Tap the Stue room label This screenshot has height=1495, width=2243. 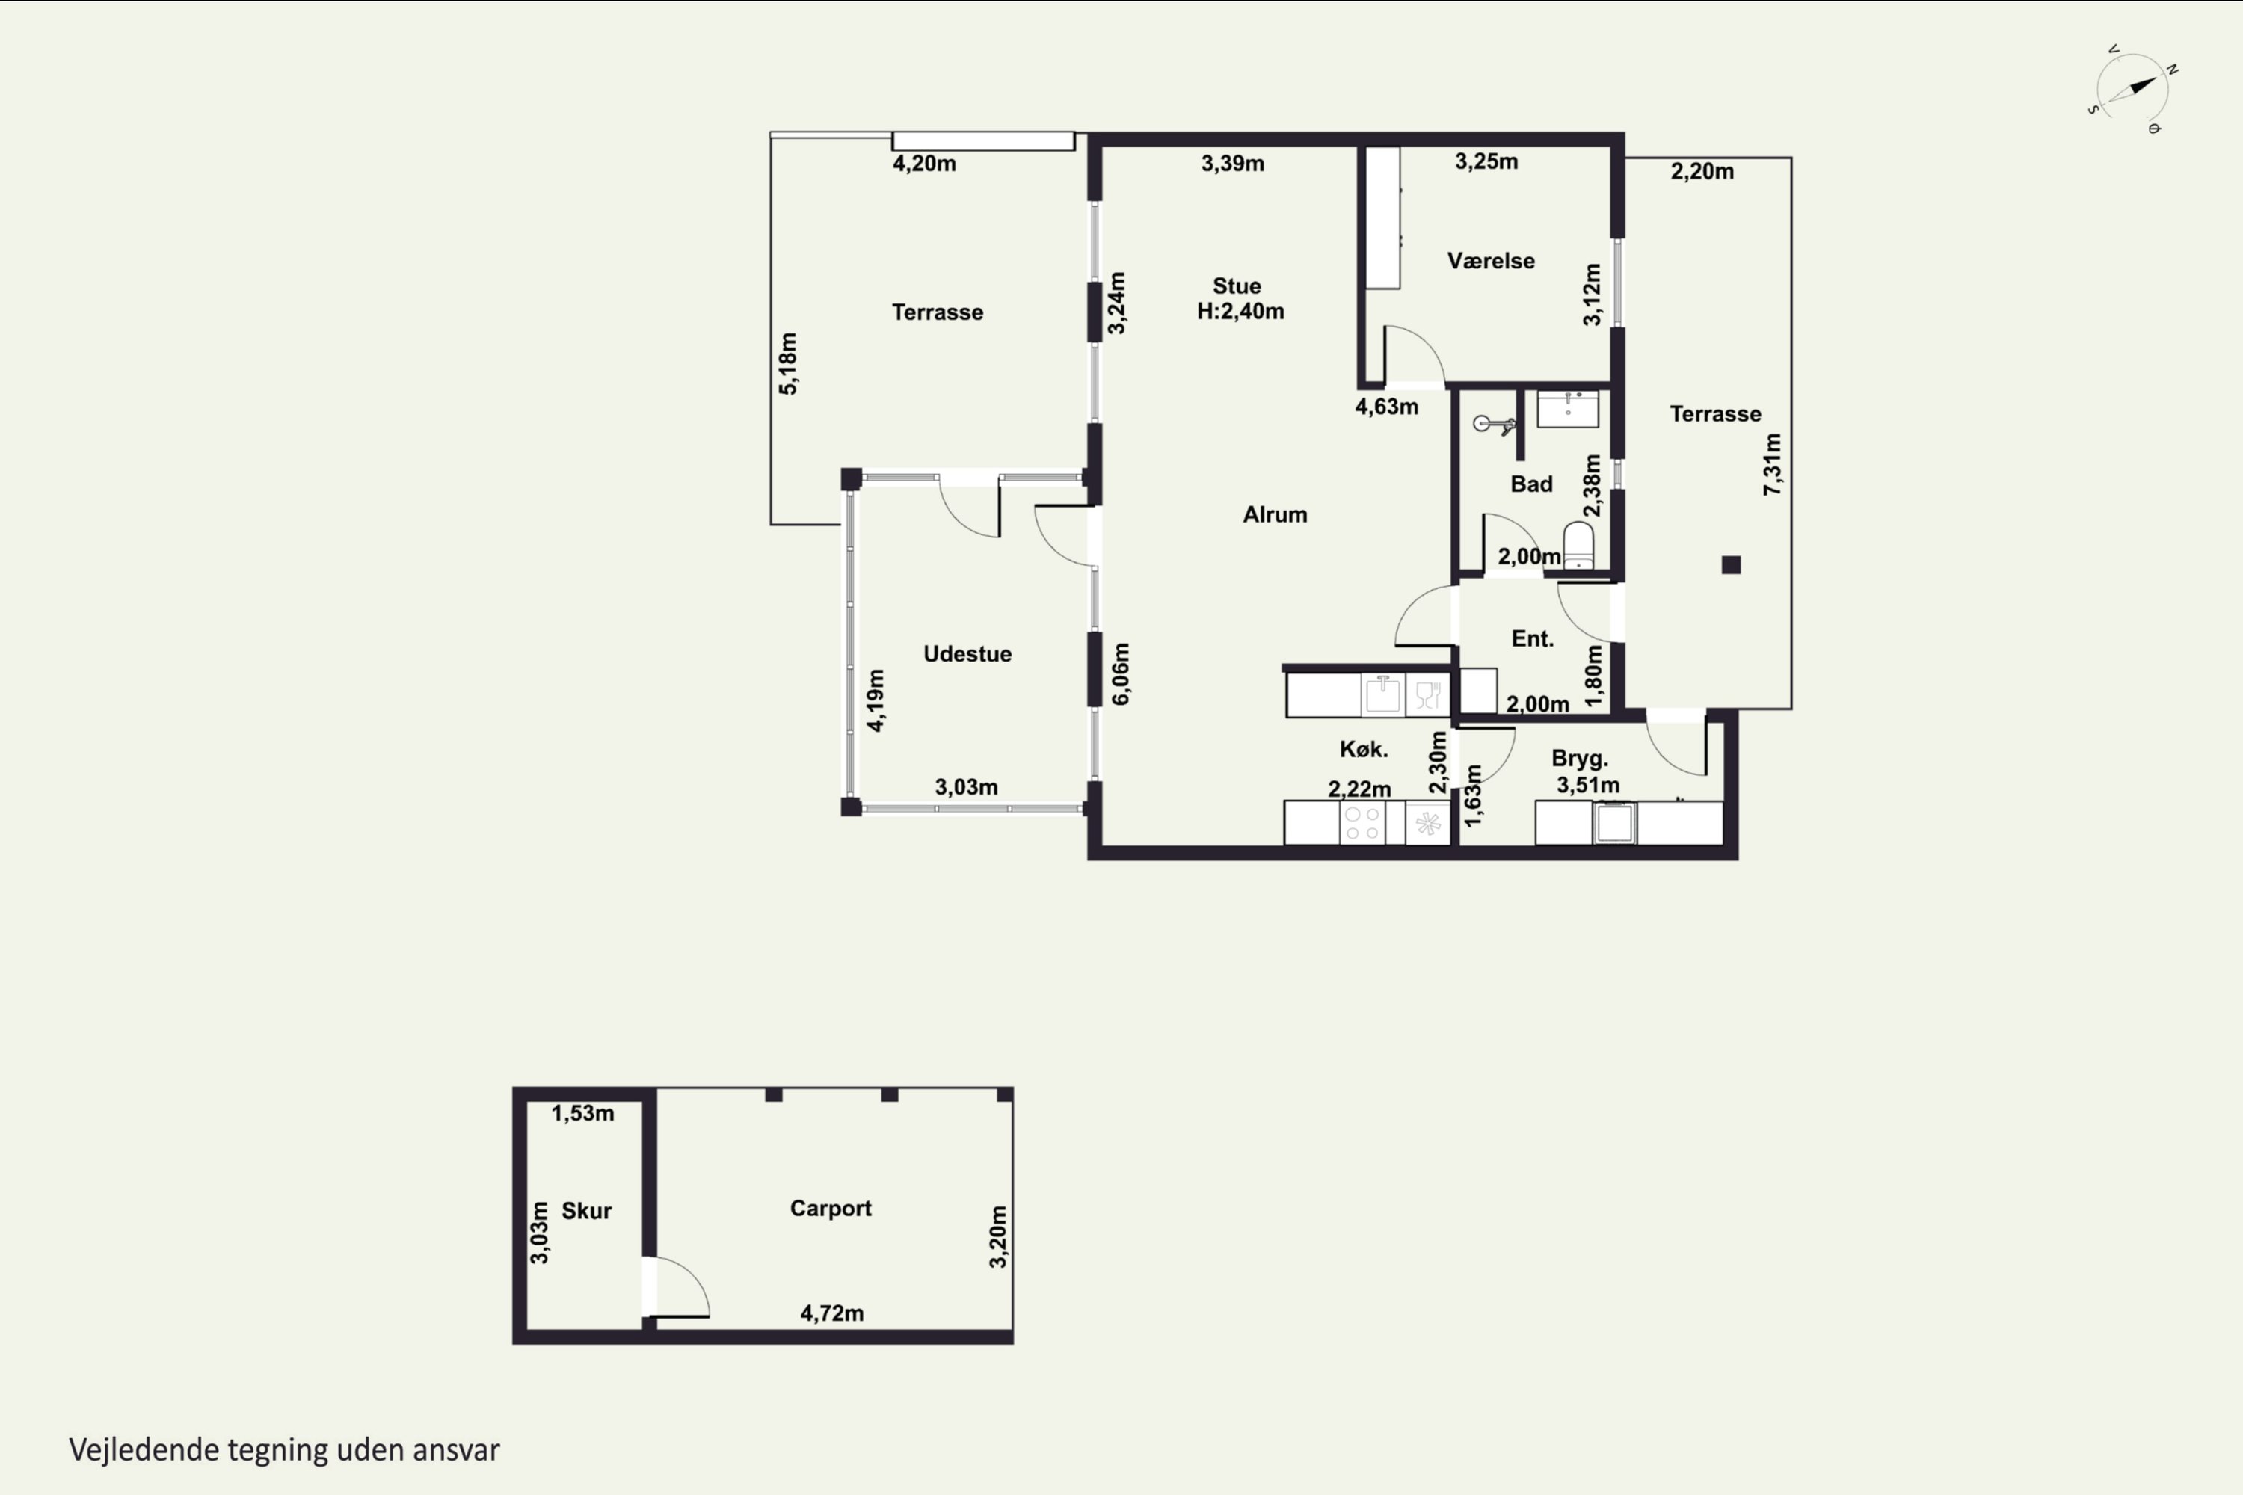[x=1237, y=286]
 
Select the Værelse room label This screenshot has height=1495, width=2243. [x=1491, y=260]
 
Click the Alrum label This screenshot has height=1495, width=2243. [x=1275, y=515]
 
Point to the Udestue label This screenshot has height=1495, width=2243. [x=967, y=654]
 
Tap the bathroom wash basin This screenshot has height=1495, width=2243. [x=1568, y=409]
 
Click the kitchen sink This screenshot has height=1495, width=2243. [x=1382, y=694]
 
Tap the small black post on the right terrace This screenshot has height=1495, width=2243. [x=1731, y=565]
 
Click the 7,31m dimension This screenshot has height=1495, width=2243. [x=1772, y=464]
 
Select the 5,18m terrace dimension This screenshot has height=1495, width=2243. [x=788, y=363]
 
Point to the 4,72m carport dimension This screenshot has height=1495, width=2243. [x=831, y=1313]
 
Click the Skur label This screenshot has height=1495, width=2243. [x=586, y=1211]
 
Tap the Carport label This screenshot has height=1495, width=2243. [x=831, y=1208]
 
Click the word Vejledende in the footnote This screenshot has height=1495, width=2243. [x=144, y=1450]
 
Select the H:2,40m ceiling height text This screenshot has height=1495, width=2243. [x=1240, y=312]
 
